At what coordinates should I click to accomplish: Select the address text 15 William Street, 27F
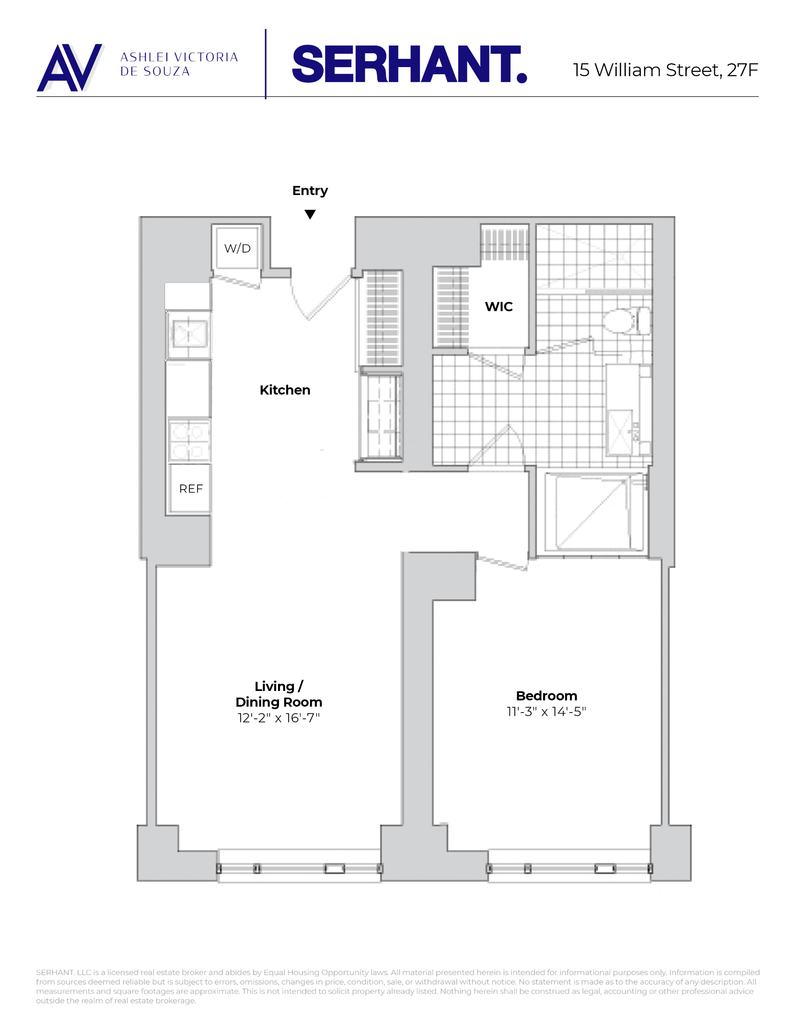coord(665,70)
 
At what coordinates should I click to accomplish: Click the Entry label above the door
coord(310,191)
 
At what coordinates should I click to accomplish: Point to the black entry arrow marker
coord(310,214)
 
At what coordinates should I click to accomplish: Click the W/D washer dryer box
coord(237,248)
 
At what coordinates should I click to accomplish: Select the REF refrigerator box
coord(191,489)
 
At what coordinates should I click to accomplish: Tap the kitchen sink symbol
coord(189,334)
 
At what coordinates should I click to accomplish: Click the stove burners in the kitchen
coord(189,440)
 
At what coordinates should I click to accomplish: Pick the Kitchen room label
coord(285,390)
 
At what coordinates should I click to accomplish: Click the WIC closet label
coord(499,307)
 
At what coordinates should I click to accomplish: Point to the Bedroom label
coord(546,696)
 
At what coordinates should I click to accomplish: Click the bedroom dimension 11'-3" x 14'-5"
coord(546,712)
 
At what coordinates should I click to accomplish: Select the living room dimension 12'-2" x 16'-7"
coord(278,718)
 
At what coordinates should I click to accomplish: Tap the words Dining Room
coord(278,702)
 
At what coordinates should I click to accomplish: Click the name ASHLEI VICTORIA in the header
coord(179,57)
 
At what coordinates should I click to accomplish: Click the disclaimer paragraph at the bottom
coord(397,987)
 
